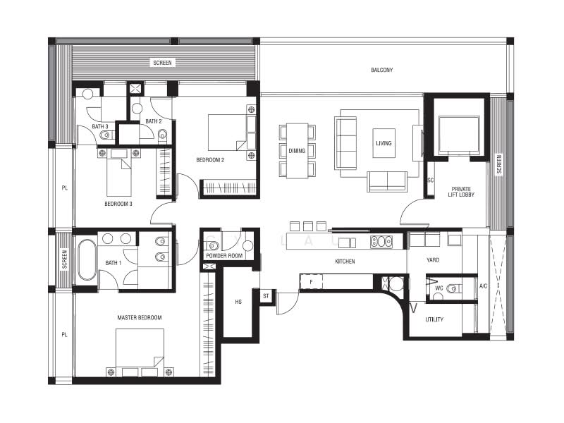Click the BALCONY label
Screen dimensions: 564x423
click(382, 70)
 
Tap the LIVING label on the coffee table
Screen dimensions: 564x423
click(384, 143)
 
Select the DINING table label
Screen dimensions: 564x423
click(297, 151)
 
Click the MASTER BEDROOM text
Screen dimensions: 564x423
click(140, 318)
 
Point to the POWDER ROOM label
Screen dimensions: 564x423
click(224, 256)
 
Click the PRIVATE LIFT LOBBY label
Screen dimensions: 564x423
click(461, 192)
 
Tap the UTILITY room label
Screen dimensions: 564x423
click(434, 319)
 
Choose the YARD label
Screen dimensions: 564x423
click(433, 260)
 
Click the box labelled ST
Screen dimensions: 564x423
click(266, 296)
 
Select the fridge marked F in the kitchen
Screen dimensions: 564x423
click(312, 281)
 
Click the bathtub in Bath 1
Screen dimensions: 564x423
click(87, 259)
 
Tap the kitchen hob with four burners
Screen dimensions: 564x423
click(381, 241)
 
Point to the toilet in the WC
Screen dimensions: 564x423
click(453, 288)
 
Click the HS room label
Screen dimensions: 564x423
click(238, 302)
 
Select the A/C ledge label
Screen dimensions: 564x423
click(483, 286)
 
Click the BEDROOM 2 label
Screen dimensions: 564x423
click(210, 160)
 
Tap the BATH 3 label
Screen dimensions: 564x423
click(100, 127)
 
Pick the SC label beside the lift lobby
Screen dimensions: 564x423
click(431, 180)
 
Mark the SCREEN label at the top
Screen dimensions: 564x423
click(162, 63)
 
